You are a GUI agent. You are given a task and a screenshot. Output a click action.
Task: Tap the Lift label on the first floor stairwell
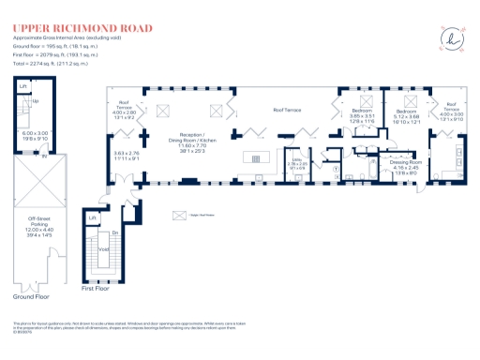(93, 218)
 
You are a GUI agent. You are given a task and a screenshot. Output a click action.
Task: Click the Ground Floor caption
(32, 294)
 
